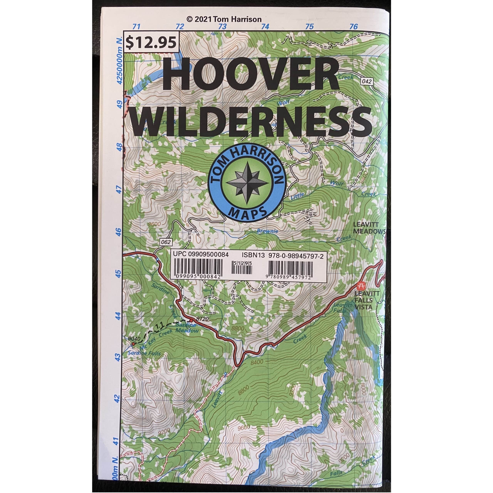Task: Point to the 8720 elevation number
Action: pyautogui.click(x=203, y=319)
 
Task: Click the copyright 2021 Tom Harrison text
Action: pyautogui.click(x=224, y=19)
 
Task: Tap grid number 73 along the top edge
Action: pyautogui.click(x=222, y=27)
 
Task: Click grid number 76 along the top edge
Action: pyautogui.click(x=354, y=27)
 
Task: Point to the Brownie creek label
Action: pyautogui.click(x=267, y=231)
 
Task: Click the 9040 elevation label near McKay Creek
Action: pyautogui.click(x=134, y=339)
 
